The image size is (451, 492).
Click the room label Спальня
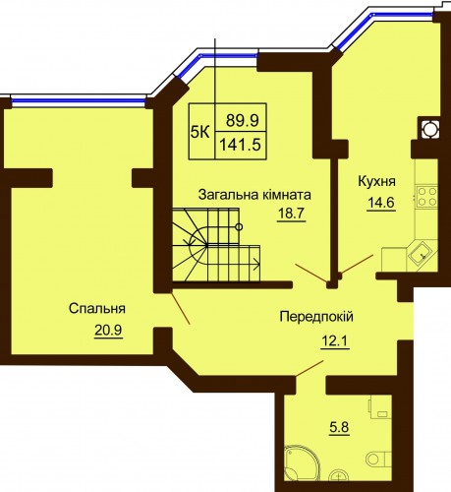pyautogui.click(x=97, y=309)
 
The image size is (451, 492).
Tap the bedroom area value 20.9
pyautogui.click(x=108, y=331)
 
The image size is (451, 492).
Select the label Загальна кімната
pyautogui.click(x=254, y=195)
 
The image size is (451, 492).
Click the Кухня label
pyautogui.click(x=377, y=181)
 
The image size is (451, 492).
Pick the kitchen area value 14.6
pyautogui.click(x=380, y=203)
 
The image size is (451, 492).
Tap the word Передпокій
pyautogui.click(x=316, y=317)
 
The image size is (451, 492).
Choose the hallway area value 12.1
pyautogui.click(x=335, y=342)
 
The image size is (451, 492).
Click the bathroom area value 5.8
pyautogui.click(x=339, y=427)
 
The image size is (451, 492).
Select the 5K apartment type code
pyautogui.click(x=200, y=133)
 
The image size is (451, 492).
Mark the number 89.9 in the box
pyautogui.click(x=243, y=120)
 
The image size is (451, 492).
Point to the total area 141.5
pyautogui.click(x=240, y=144)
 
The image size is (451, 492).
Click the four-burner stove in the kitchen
pyautogui.click(x=426, y=196)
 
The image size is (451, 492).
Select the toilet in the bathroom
pyautogui.click(x=377, y=458)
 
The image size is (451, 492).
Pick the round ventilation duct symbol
pyautogui.click(x=429, y=128)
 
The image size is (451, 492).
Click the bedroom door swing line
pyautogui.click(x=181, y=308)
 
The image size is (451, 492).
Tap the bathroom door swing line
pyautogui.click(x=310, y=368)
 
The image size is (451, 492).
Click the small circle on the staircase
pyautogui.click(x=240, y=226)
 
